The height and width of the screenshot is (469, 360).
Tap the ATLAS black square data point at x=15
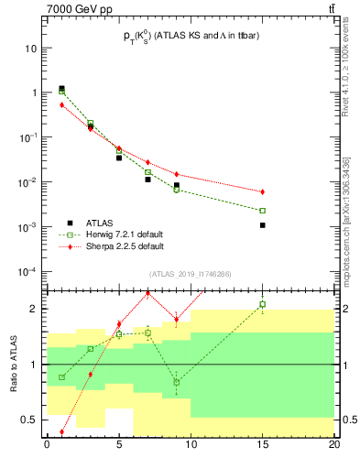pos(263,225)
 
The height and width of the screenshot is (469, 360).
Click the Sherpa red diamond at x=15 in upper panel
pos(263,191)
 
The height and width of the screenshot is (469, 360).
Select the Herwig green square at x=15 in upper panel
pos(263,211)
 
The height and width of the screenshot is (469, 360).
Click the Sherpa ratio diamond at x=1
pos(61,431)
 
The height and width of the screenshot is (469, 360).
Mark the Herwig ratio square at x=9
pos(177,382)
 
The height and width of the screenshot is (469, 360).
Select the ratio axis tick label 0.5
pos(35,421)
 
